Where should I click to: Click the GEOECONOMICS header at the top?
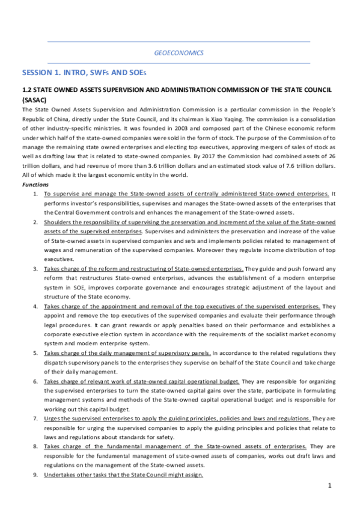click(179, 52)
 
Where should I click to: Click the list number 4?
click(37, 307)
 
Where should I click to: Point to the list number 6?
click(37, 382)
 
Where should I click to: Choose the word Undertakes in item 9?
click(62, 475)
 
